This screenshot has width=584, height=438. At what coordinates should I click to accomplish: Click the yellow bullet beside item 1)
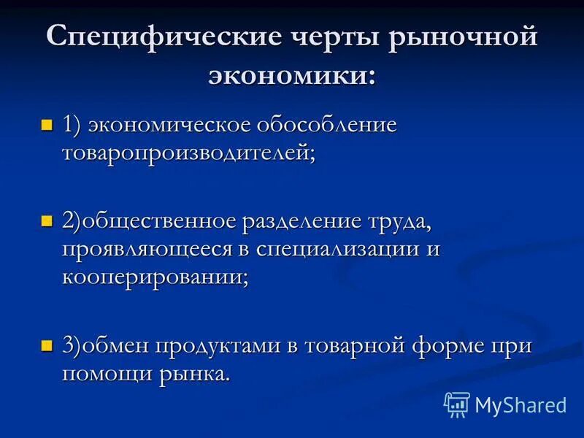click(47, 125)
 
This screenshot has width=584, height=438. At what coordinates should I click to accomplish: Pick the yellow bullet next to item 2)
click(47, 220)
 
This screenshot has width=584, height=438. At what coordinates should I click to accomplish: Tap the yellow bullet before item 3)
click(47, 345)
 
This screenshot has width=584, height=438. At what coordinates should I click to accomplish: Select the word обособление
click(328, 125)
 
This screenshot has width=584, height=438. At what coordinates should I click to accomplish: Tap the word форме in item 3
click(453, 346)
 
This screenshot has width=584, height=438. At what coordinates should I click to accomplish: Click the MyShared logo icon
click(457, 404)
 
